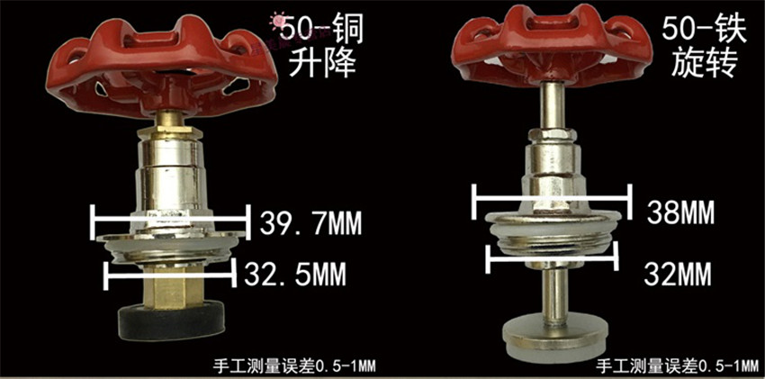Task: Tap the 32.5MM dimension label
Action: tap(294, 275)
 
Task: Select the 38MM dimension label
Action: tap(681, 212)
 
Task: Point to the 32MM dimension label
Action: tap(678, 275)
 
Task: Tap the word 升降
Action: tap(322, 64)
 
